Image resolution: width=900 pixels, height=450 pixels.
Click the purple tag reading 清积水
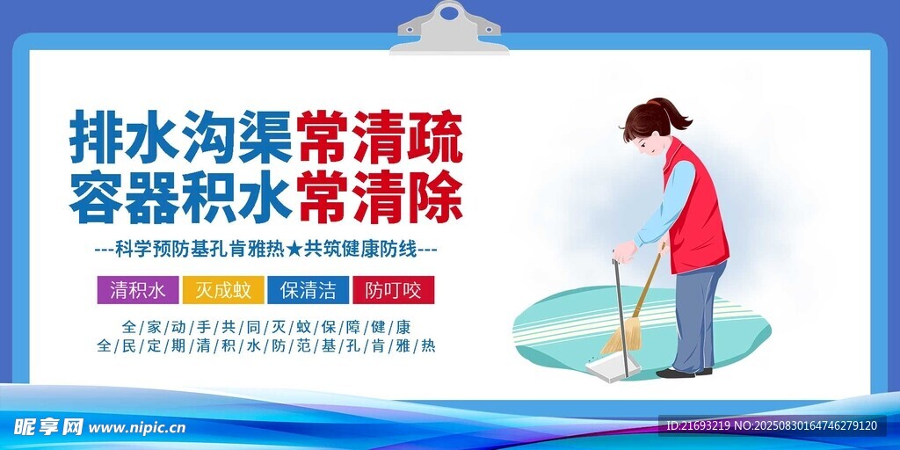tap(138, 290)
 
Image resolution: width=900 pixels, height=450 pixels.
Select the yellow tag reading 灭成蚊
tap(223, 290)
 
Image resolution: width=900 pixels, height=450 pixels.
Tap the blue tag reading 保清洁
tap(308, 290)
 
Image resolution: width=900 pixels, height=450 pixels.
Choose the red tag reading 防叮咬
tap(394, 290)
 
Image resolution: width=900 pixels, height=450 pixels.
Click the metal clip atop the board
tap(449, 29)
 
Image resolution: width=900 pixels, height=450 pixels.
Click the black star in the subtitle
tap(294, 250)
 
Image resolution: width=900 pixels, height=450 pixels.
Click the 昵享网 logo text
tap(49, 427)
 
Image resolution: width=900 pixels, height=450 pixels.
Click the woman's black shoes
tap(684, 373)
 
